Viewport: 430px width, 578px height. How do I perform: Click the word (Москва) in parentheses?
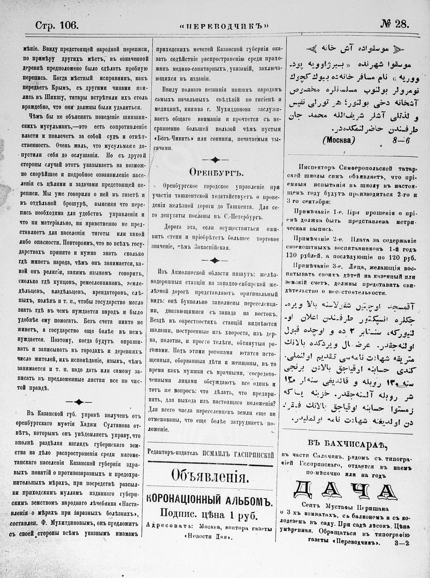338,140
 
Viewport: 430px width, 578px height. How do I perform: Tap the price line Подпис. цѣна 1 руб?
209,515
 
